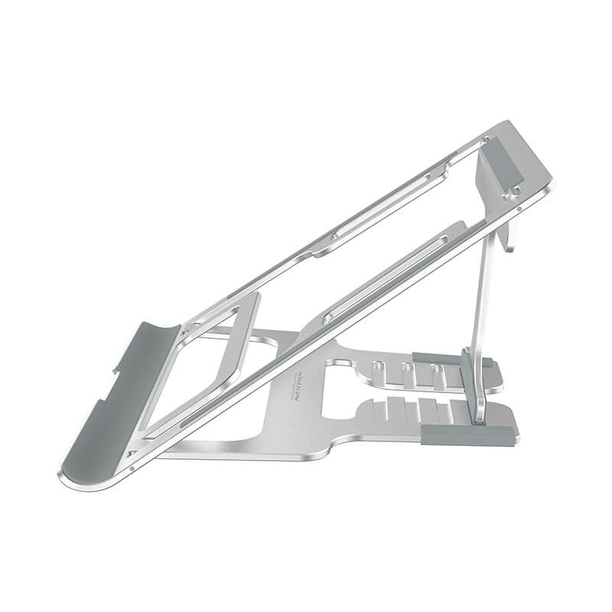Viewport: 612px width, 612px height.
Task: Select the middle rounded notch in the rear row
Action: click(x=405, y=373)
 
